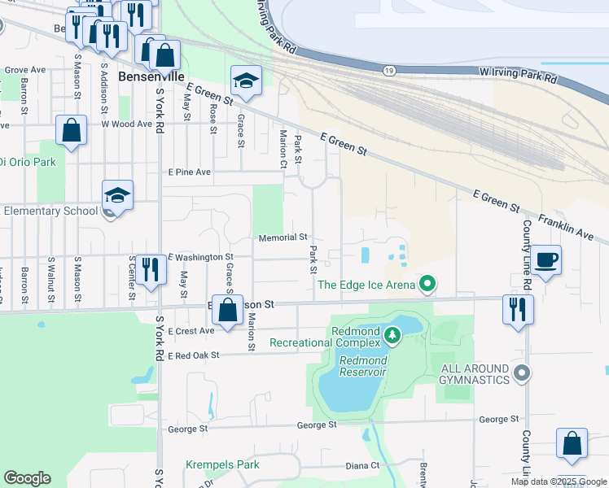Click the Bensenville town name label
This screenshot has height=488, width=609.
[148, 76]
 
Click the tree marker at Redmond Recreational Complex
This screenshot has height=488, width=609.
[392, 335]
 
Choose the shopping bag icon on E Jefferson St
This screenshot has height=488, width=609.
[228, 309]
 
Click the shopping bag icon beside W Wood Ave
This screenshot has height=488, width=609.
[72, 129]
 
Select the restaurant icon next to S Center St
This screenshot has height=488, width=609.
[147, 268]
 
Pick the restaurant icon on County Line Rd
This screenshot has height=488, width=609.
[518, 309]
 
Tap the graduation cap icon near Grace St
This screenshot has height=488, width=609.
[246, 80]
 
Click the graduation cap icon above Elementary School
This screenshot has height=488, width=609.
[117, 195]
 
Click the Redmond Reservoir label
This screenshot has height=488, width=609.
[362, 366]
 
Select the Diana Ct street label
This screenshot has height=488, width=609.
[362, 465]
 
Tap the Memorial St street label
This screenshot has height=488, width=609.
[283, 237]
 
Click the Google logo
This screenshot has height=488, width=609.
[27, 478]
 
